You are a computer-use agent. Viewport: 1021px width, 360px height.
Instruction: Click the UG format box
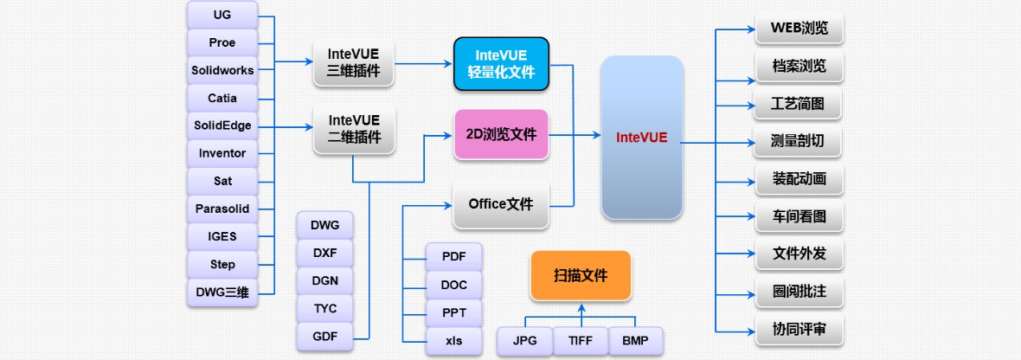point(222,15)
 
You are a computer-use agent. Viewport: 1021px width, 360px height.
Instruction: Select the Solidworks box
point(222,70)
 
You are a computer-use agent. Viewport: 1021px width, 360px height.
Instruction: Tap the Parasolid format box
point(222,209)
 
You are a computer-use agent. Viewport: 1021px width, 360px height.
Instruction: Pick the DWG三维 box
point(222,292)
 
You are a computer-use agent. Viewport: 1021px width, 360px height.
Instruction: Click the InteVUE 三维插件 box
point(354,62)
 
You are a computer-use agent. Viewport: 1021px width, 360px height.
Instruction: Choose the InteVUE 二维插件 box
point(354,128)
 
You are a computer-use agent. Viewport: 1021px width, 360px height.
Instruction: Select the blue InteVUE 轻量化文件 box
point(501,63)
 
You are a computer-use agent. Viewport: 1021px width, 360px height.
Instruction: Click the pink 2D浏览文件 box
point(501,135)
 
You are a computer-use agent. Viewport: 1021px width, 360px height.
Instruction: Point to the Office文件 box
point(501,204)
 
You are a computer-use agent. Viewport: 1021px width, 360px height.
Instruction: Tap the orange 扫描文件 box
point(581,275)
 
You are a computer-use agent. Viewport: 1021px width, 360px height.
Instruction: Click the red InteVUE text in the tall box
point(642,138)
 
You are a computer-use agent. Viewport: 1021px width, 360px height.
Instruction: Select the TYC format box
point(324,309)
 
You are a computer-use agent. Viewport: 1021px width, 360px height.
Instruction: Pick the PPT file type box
point(454,312)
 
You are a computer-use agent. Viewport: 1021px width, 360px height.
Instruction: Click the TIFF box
point(581,340)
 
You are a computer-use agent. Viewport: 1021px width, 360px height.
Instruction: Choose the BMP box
point(635,340)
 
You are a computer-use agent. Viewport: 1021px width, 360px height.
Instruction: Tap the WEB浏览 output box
point(799,29)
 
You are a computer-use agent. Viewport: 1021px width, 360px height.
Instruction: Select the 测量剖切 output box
point(799,140)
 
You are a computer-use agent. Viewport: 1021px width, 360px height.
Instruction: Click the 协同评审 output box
point(799,329)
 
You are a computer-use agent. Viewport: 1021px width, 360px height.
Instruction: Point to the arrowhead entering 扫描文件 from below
point(581,306)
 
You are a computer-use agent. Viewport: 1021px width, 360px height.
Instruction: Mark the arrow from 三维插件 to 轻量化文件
point(424,63)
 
